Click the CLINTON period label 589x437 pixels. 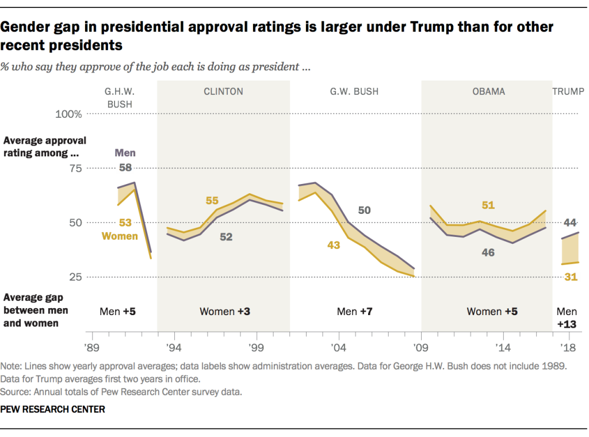[223, 91]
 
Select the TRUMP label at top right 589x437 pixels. [568, 91]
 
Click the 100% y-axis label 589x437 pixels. [68, 114]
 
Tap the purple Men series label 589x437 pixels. [125, 153]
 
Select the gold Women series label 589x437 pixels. [120, 236]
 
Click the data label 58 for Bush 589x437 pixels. [125, 167]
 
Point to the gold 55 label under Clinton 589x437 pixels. [212, 201]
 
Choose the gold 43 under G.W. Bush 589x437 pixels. [334, 245]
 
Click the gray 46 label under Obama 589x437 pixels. [488, 252]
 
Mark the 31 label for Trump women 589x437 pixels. [571, 277]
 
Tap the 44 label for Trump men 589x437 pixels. [571, 223]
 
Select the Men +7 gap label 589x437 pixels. [355, 312]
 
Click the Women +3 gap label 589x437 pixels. [224, 312]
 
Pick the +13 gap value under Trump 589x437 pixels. [567, 324]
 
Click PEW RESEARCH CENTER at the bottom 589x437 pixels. [53, 409]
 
